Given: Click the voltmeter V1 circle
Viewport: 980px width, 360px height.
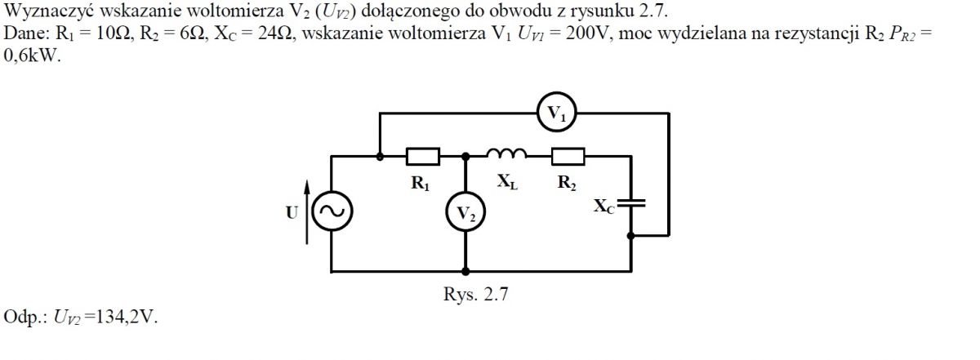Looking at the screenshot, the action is pos(556,93).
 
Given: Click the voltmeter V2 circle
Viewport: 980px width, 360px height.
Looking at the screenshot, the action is pos(465,193).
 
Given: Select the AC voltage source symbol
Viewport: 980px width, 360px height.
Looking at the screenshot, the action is pos(332,193).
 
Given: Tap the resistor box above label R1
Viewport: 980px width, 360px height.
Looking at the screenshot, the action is pos(423,156).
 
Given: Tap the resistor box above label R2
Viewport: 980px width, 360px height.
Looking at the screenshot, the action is pos(568,156).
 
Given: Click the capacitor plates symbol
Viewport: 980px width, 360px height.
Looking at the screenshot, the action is pos(630,202).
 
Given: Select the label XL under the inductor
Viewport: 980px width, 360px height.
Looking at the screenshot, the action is pos(507,181).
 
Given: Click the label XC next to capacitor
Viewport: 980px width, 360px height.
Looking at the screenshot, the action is pos(604,206).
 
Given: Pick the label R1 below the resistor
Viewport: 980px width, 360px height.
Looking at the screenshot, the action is pos(421,184).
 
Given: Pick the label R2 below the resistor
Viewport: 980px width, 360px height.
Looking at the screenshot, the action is pos(567,182).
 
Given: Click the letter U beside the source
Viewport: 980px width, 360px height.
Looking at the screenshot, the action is pos(292,212).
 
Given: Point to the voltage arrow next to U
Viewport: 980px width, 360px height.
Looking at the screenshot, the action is pos(307,211).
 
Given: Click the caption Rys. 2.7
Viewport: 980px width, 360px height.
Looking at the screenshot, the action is pos(475,294).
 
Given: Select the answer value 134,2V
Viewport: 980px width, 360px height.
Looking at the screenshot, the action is pos(126,316).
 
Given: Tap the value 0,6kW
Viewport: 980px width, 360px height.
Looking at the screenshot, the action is pos(32,56).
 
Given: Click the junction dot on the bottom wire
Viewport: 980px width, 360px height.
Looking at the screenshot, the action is pos(465,272).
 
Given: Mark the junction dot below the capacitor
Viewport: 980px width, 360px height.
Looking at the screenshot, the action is pos(630,236).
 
